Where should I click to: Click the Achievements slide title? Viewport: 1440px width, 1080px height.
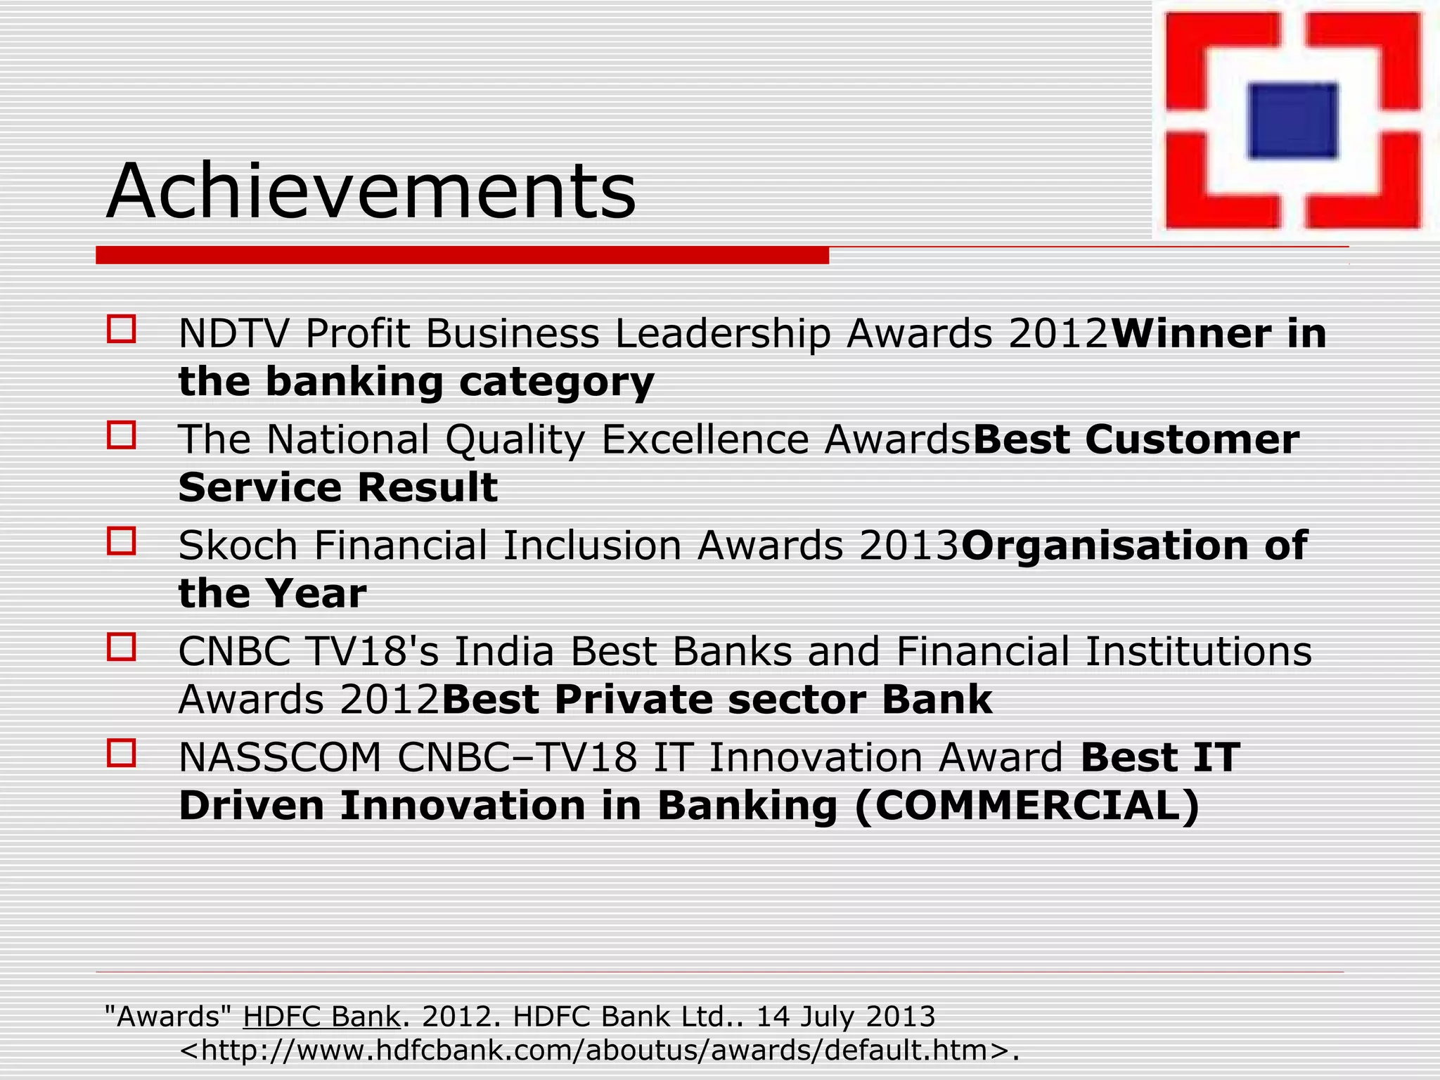click(x=371, y=191)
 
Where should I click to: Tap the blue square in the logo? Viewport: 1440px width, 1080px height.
click(x=1292, y=120)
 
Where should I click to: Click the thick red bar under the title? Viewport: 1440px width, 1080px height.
click(x=462, y=255)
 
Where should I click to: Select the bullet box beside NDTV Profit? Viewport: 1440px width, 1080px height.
click(x=121, y=329)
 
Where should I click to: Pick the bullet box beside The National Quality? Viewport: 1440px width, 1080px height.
click(x=121, y=435)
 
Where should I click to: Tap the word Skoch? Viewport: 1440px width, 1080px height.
click(x=238, y=546)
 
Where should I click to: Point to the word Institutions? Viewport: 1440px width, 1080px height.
click(x=1198, y=651)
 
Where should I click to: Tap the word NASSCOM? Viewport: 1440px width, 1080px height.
click(x=280, y=757)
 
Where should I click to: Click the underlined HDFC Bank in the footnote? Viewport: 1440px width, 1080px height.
click(x=321, y=1017)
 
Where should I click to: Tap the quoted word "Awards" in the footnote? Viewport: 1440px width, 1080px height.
click(x=168, y=1017)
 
